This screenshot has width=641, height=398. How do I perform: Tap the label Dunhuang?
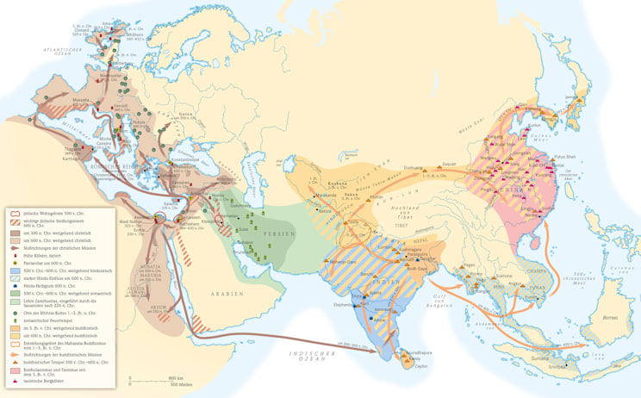coord(415,169)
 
